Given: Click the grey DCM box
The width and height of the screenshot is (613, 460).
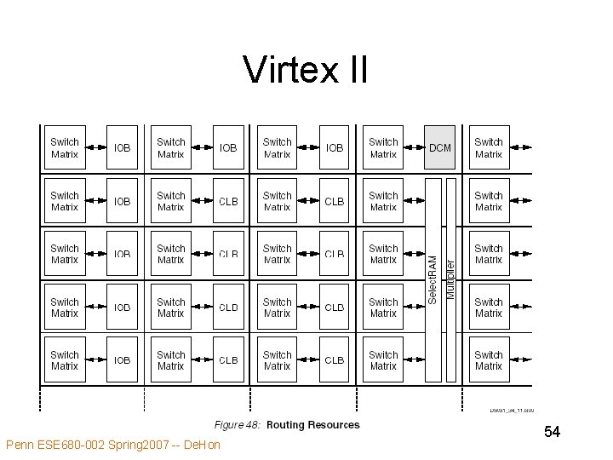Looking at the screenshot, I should (x=440, y=148).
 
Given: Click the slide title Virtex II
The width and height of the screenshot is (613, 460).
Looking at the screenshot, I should (x=305, y=70).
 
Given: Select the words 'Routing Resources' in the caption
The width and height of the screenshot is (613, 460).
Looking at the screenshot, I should (x=313, y=425).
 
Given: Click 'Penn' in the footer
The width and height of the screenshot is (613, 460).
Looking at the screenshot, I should (x=20, y=445).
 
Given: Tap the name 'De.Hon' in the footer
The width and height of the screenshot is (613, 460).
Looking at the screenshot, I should (x=202, y=445).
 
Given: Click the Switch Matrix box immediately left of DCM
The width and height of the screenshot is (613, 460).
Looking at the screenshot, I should (x=383, y=148).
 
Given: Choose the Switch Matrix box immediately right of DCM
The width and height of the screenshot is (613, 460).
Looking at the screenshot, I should (x=489, y=148).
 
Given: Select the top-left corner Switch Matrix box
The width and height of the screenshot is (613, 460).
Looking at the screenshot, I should (x=65, y=148).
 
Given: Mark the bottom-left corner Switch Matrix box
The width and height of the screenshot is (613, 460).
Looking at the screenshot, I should (x=65, y=359).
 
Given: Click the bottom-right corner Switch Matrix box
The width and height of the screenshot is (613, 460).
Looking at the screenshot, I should (x=489, y=359).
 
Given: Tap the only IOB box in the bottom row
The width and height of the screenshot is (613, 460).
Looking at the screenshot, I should (x=123, y=359).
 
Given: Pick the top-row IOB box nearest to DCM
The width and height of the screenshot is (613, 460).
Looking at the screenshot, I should (x=335, y=148).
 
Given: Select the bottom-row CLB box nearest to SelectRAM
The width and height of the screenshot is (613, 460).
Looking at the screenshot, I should (x=335, y=359).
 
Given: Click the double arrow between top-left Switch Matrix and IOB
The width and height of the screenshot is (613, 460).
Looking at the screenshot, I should (x=95, y=148).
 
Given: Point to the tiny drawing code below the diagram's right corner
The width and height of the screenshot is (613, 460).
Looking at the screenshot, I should (x=511, y=411).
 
